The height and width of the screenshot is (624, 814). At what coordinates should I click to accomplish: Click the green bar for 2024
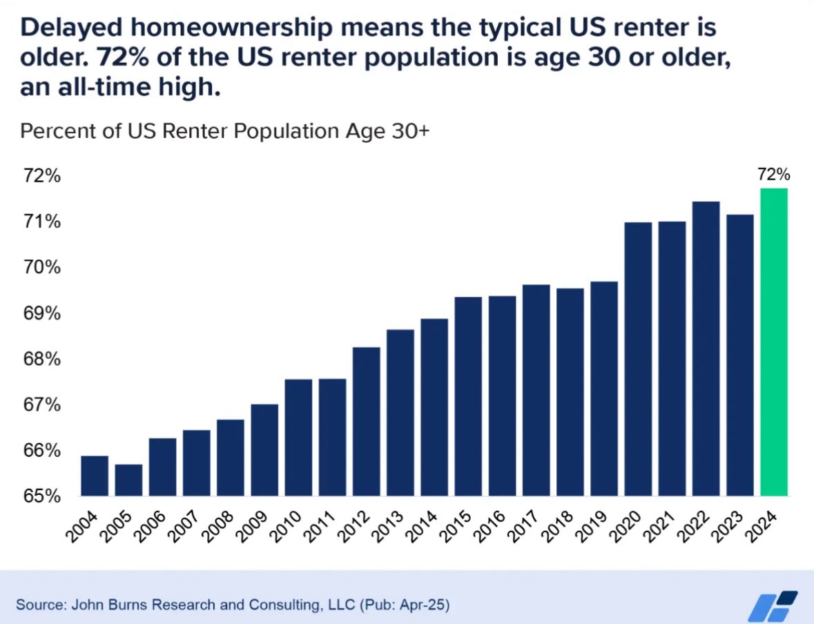click(773, 342)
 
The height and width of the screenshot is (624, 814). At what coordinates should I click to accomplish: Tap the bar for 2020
click(638, 359)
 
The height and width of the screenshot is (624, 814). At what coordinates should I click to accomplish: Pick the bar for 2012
click(366, 421)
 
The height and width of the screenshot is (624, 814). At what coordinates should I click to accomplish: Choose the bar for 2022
click(706, 349)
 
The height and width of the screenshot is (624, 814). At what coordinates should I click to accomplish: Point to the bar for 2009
click(264, 449)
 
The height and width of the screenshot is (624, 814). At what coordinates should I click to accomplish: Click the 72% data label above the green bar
click(773, 175)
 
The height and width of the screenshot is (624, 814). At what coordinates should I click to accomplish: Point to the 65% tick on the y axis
click(41, 496)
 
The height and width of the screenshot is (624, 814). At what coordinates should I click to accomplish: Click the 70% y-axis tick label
click(41, 267)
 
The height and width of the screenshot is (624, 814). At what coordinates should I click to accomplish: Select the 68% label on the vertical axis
click(41, 359)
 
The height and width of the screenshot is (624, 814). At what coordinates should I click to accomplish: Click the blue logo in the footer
click(773, 605)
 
